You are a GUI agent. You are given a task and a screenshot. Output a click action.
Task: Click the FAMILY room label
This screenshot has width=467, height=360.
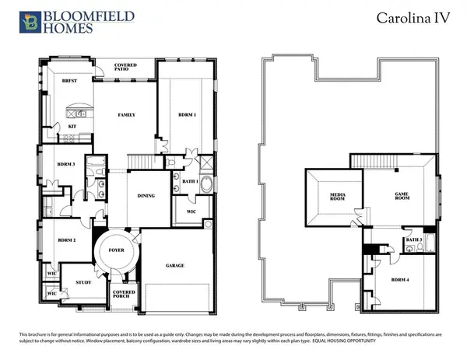126,114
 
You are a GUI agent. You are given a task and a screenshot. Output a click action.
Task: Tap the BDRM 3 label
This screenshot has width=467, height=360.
65,164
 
